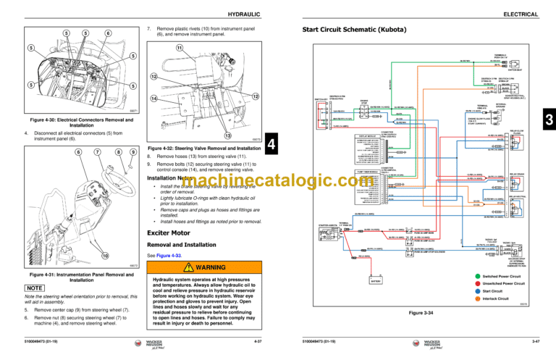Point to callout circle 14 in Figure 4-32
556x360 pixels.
click(x=154, y=98)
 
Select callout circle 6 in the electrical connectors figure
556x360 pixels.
click(x=108, y=33)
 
